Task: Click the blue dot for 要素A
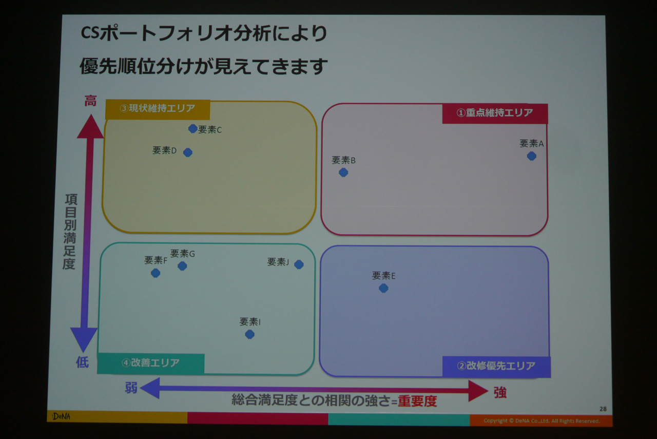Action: pyautogui.click(x=531, y=156)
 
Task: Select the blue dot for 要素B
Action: pyautogui.click(x=343, y=172)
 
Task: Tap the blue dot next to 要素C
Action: pyautogui.click(x=192, y=128)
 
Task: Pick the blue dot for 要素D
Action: pyautogui.click(x=188, y=152)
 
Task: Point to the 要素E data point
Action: pyautogui.click(x=383, y=288)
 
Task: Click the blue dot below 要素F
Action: pyautogui.click(x=156, y=273)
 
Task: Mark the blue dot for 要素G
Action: pyautogui.click(x=182, y=266)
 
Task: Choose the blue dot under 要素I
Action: pyautogui.click(x=249, y=334)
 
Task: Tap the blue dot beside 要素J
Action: pyautogui.click(x=299, y=264)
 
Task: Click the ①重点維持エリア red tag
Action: pyautogui.click(x=495, y=113)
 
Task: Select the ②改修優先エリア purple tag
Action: pyautogui.click(x=496, y=367)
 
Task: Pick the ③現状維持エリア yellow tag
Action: pyautogui.click(x=158, y=109)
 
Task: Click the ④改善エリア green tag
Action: pyautogui.click(x=151, y=364)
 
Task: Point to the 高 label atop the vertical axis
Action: pyautogui.click(x=90, y=101)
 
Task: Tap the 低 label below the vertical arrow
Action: pyautogui.click(x=83, y=362)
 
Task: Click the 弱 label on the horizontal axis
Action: pyautogui.click(x=131, y=388)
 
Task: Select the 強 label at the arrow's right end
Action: pyautogui.click(x=500, y=392)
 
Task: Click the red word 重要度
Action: pyautogui.click(x=417, y=401)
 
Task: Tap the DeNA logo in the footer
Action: pyautogui.click(x=61, y=416)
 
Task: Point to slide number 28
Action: pyautogui.click(x=603, y=409)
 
